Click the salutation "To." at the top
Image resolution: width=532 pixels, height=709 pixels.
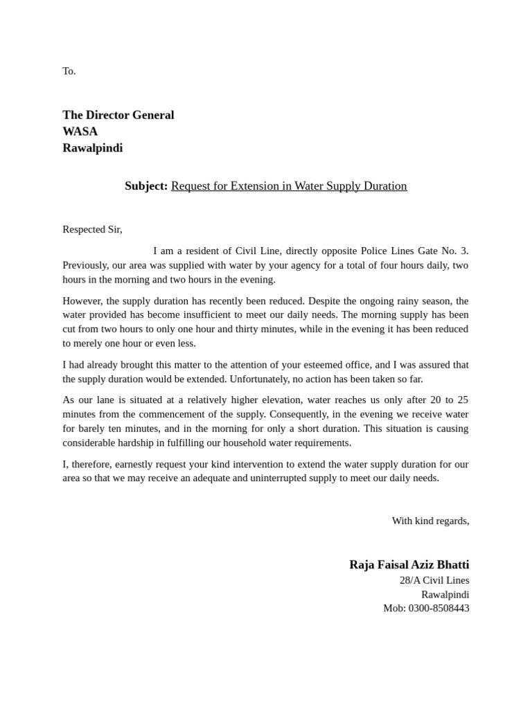69,71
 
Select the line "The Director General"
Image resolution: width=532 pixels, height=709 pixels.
118,115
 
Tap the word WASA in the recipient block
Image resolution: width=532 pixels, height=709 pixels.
80,132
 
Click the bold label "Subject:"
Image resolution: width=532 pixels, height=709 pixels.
146,186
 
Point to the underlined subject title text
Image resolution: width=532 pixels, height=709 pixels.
289,186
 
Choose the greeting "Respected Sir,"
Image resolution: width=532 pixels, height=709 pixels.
92,229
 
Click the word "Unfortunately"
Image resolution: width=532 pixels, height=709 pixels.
260,379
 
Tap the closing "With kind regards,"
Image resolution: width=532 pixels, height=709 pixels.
430,521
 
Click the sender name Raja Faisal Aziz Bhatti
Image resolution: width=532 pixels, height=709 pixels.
409,565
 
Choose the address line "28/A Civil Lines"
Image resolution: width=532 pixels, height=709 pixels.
434,580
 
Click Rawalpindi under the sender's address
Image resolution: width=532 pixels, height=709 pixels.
445,594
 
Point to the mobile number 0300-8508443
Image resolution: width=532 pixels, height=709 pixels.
438,608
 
